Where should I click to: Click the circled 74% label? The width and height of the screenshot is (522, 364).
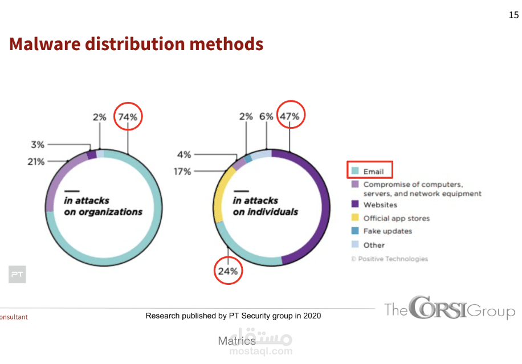pyautogui.click(x=128, y=117)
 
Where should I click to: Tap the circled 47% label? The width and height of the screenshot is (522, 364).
pyautogui.click(x=289, y=117)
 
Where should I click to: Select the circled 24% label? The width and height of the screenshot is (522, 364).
pyautogui.click(x=228, y=271)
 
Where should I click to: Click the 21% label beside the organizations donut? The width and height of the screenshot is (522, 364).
pyautogui.click(x=35, y=162)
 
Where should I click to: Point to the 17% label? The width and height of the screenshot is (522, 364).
pyautogui.click(x=182, y=171)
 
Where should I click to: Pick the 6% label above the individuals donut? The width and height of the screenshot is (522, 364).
pyautogui.click(x=267, y=117)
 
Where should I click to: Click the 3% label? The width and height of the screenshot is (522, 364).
pyautogui.click(x=38, y=145)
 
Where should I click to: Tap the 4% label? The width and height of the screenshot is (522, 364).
pyautogui.click(x=184, y=154)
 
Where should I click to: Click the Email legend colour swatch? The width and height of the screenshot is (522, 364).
pyautogui.click(x=355, y=171)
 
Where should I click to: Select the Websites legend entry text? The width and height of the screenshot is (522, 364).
pyautogui.click(x=380, y=205)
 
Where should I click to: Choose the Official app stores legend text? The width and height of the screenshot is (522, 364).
pyautogui.click(x=397, y=218)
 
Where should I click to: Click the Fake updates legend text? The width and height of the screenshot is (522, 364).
pyautogui.click(x=388, y=231)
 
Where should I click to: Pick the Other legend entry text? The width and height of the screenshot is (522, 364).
pyautogui.click(x=374, y=245)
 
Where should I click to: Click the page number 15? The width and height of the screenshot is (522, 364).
pyautogui.click(x=513, y=15)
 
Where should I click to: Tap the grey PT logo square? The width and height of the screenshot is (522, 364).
pyautogui.click(x=17, y=275)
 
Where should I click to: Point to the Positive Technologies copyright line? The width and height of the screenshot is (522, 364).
pyautogui.click(x=389, y=259)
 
